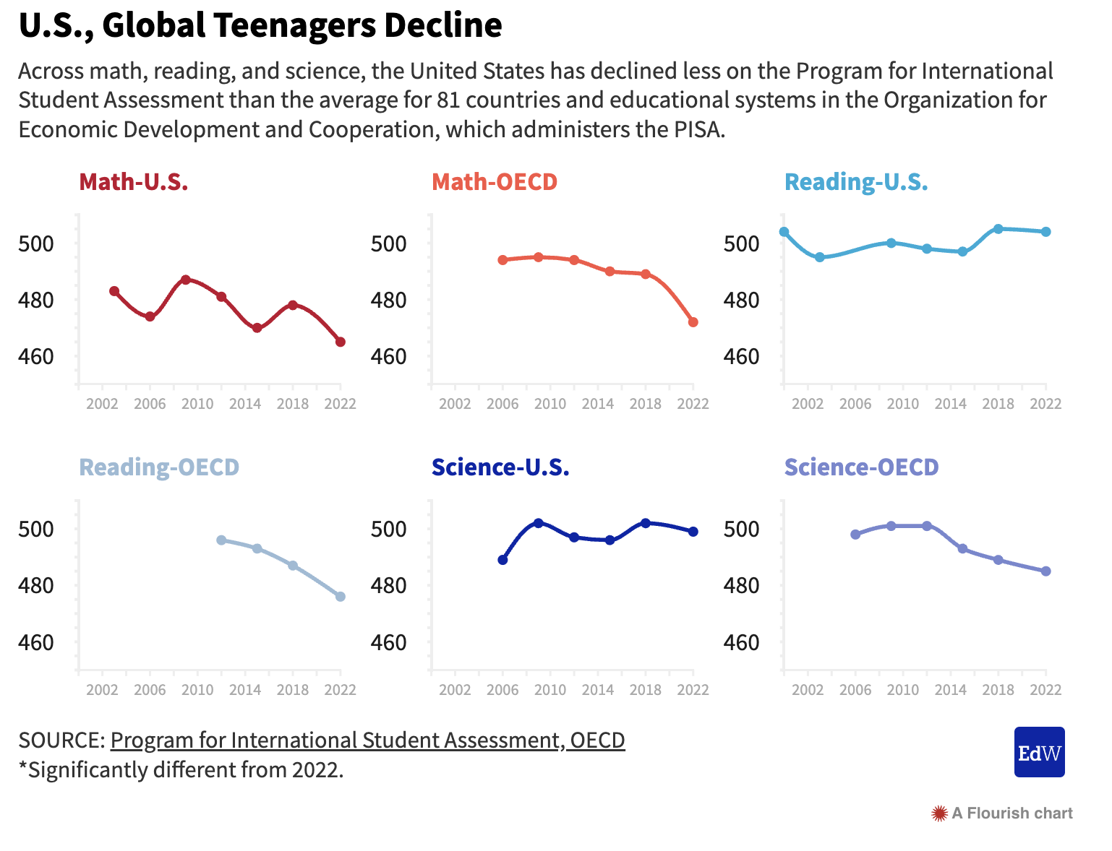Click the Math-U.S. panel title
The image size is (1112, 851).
coord(134,181)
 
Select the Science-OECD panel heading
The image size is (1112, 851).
coord(861,467)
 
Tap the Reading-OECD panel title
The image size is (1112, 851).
coord(159,467)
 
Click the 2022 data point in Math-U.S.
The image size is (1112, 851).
coord(341,342)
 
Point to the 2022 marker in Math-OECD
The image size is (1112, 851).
coord(693,322)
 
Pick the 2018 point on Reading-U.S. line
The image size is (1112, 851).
coord(998,229)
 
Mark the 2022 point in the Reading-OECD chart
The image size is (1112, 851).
coord(341,597)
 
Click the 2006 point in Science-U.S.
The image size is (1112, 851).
coord(503,560)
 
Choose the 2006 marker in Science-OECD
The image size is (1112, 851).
coord(855,535)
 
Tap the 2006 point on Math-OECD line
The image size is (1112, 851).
coord(503,260)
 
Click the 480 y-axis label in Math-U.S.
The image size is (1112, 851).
coord(36,300)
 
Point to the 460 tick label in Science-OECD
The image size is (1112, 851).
coord(742,642)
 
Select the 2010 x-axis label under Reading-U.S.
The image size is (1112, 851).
coord(903,404)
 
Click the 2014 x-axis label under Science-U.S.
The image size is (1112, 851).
coord(598,690)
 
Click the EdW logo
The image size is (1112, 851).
coord(1039,752)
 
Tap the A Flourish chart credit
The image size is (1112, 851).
coord(1003,813)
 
